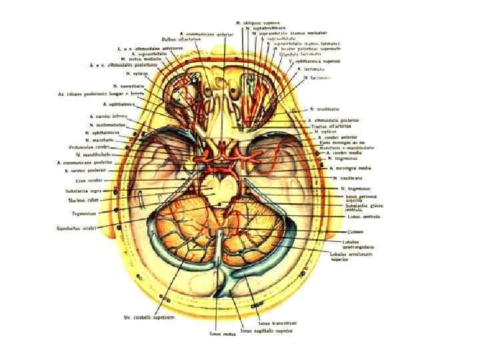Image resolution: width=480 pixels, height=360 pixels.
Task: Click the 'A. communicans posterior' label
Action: click(x=87, y=163)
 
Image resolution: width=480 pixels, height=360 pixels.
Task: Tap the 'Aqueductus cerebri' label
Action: click(x=79, y=228)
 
